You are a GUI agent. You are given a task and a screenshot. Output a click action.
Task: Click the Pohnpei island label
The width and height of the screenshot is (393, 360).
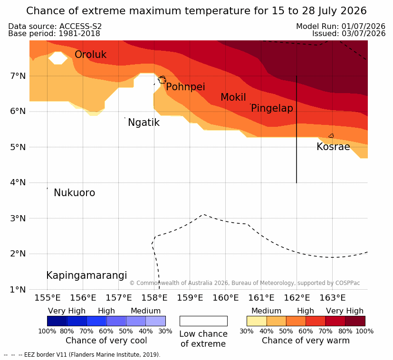tap(185, 87)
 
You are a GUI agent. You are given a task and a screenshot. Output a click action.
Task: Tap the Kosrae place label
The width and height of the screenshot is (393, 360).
tap(333, 147)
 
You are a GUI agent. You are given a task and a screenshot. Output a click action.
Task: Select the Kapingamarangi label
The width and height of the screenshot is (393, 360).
tap(86, 275)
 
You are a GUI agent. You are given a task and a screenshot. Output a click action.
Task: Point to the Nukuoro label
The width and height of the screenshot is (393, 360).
tap(75, 193)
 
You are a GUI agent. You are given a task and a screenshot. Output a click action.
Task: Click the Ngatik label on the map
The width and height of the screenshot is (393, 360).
tap(144, 123)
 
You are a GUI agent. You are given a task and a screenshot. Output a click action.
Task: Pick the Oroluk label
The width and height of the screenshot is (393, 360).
tap(90, 54)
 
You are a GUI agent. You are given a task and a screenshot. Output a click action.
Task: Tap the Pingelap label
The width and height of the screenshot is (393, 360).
tap(272, 108)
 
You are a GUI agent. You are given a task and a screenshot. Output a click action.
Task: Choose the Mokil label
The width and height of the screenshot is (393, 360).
tap(233, 97)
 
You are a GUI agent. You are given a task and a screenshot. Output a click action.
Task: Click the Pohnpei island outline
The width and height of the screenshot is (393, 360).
tap(162, 80)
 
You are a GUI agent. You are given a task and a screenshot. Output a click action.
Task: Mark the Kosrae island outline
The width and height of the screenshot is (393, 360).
tap(331, 136)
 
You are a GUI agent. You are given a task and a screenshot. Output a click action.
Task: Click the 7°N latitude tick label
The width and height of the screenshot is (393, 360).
tap(18, 76)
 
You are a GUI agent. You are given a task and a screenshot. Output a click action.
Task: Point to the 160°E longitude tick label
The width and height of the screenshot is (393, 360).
tap(226, 298)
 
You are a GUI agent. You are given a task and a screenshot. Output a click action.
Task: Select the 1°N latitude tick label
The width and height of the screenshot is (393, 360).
tap(18, 290)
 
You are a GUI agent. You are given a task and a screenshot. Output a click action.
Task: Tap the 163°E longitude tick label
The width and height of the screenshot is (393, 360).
tap(333, 298)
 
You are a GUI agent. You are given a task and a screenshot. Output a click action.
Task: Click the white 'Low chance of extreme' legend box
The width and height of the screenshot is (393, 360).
tap(203, 321)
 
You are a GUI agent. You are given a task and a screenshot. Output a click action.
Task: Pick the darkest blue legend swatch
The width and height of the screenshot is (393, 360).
tap(57, 321)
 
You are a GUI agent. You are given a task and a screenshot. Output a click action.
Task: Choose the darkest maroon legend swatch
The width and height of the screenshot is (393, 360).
tap(355, 321)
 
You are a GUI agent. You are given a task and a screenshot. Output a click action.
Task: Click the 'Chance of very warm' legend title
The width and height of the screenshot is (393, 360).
tap(306, 341)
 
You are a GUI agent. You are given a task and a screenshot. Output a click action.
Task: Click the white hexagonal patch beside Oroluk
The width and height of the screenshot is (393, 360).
tap(58, 58)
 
